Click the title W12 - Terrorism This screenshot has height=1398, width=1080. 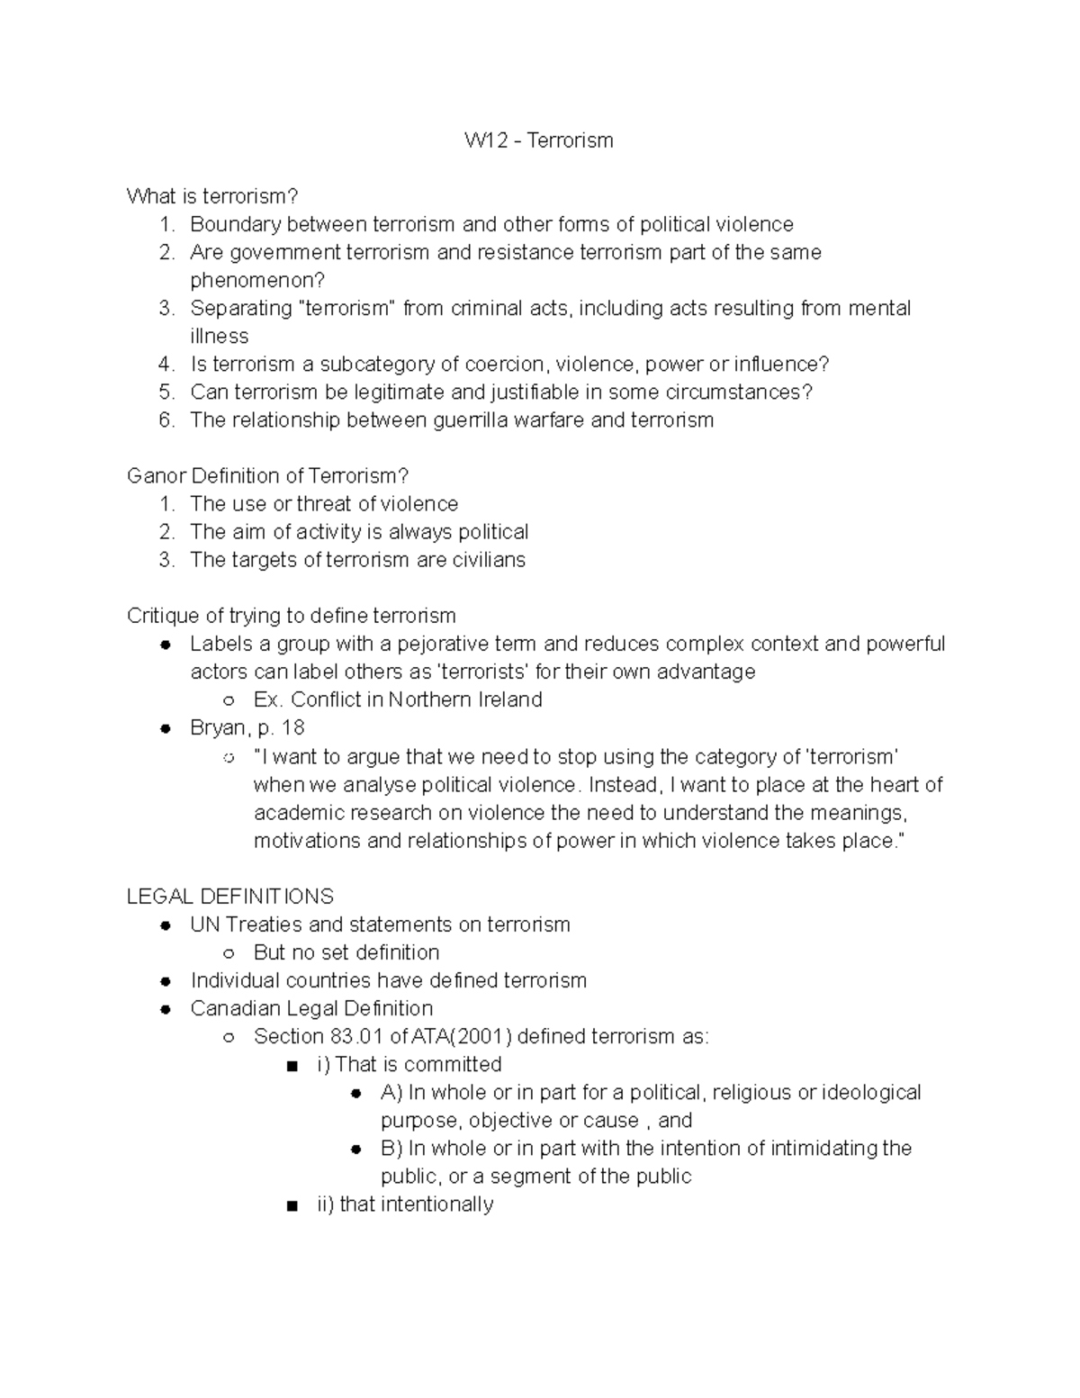[538, 140]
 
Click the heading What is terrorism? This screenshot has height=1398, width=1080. [211, 196]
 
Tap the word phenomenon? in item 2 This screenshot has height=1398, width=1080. [256, 280]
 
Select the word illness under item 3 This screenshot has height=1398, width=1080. [219, 336]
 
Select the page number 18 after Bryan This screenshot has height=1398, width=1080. [293, 728]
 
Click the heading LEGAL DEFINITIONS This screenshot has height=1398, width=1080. [229, 897]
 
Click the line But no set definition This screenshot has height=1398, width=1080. [346, 952]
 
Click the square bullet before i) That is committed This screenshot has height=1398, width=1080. [291, 1066]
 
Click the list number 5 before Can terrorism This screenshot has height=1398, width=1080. [165, 392]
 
